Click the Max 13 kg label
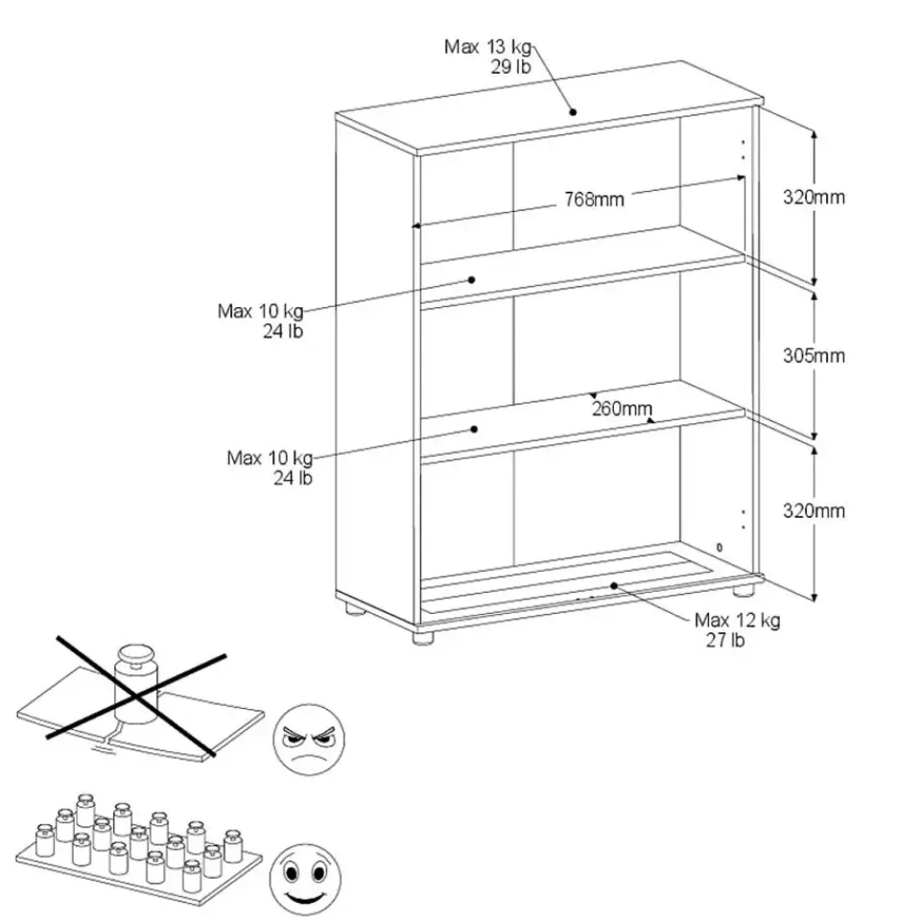(487, 47)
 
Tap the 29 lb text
(510, 67)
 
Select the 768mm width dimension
(594, 200)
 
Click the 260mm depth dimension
(622, 409)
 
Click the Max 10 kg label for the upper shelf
(260, 312)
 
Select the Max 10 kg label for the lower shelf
(270, 458)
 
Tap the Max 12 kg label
(737, 620)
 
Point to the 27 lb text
(724, 641)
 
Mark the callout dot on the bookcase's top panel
(573, 111)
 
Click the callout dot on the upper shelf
(473, 279)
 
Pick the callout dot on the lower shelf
(475, 430)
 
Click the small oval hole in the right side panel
(720, 546)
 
